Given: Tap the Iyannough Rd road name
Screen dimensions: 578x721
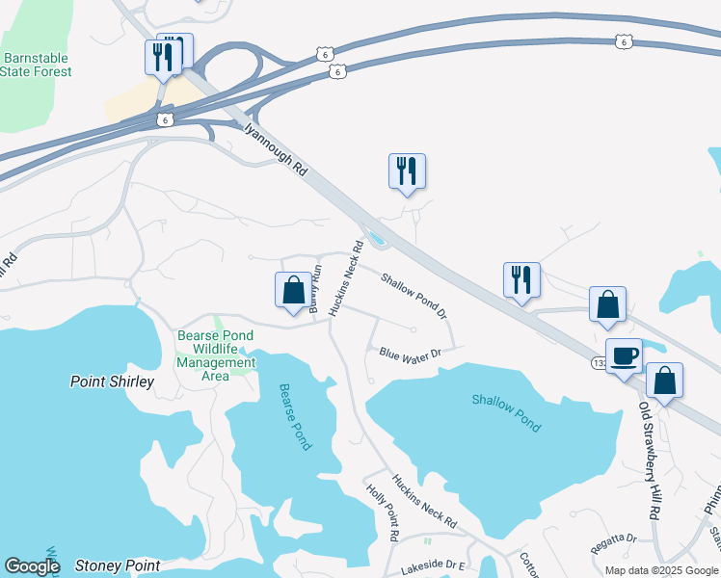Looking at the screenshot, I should click(275, 146).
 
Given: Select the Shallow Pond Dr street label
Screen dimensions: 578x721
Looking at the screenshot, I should click(414, 296).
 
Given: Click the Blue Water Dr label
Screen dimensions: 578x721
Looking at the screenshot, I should click(410, 354).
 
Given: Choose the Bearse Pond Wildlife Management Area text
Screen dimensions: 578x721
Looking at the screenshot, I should click(216, 355).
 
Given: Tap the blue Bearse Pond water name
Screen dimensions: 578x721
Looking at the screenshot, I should click(295, 416).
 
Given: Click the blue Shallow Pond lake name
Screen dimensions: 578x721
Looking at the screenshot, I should click(506, 412).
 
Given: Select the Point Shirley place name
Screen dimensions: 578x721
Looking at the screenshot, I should click(112, 381).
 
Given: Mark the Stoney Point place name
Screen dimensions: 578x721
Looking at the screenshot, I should click(117, 565).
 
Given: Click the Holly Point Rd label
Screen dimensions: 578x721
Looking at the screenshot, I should click(383, 512).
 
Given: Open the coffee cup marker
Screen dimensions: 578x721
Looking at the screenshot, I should click(623, 355).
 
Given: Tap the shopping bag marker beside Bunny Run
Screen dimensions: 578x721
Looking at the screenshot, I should click(293, 291).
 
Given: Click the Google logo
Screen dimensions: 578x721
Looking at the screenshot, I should click(32, 565).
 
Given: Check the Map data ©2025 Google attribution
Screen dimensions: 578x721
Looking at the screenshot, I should click(661, 570).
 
